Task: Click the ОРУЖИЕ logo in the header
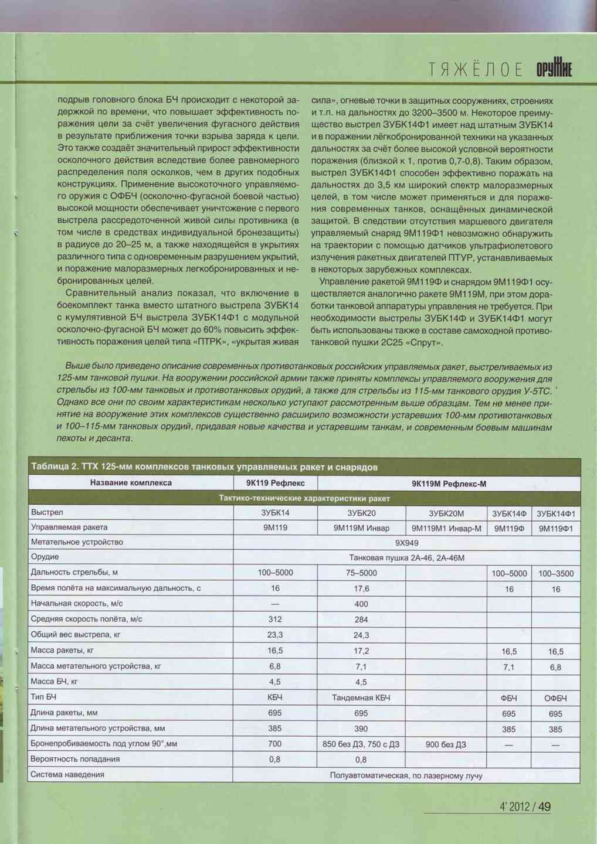click(554, 69)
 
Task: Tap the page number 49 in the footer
click(544, 807)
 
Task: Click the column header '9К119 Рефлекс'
click(275, 484)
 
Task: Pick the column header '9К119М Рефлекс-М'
click(449, 484)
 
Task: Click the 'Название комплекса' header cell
click(131, 483)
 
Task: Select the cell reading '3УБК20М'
click(446, 513)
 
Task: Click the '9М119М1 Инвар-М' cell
click(446, 528)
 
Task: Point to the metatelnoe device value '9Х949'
click(406, 543)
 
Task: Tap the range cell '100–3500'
click(555, 573)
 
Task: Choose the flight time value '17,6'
click(361, 588)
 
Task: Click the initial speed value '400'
click(361, 604)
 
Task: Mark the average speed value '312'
click(275, 619)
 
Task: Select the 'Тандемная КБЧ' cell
click(361, 697)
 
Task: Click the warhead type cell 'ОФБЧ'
click(555, 698)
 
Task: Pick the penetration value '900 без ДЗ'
click(446, 744)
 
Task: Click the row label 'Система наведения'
click(67, 774)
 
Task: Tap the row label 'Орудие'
click(45, 557)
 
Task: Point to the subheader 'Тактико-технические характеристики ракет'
click(304, 498)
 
